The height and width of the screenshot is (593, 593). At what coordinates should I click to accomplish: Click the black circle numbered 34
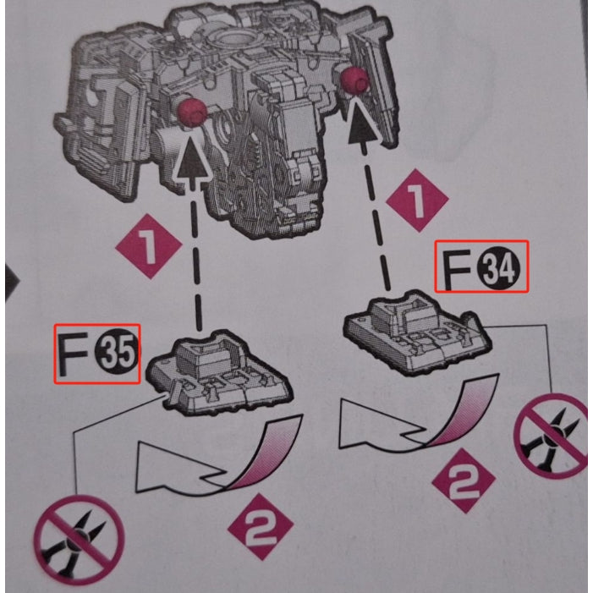[499, 268]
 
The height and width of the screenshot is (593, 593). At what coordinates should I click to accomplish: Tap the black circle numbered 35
[116, 354]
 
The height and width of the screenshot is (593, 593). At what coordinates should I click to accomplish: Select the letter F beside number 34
[457, 271]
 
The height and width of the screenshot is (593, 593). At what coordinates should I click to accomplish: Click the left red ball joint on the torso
[192, 113]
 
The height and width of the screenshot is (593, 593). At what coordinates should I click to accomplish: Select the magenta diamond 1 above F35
[149, 246]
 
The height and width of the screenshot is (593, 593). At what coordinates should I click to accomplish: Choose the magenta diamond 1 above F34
[417, 200]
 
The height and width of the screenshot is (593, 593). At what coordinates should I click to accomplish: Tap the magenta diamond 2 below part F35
[261, 527]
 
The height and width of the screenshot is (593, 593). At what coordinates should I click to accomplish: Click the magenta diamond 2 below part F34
[464, 481]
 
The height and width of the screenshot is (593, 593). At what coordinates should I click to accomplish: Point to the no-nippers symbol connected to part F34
[552, 436]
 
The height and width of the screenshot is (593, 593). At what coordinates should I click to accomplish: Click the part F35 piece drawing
[219, 372]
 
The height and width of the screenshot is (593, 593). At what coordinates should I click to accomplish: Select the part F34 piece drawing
[418, 332]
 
